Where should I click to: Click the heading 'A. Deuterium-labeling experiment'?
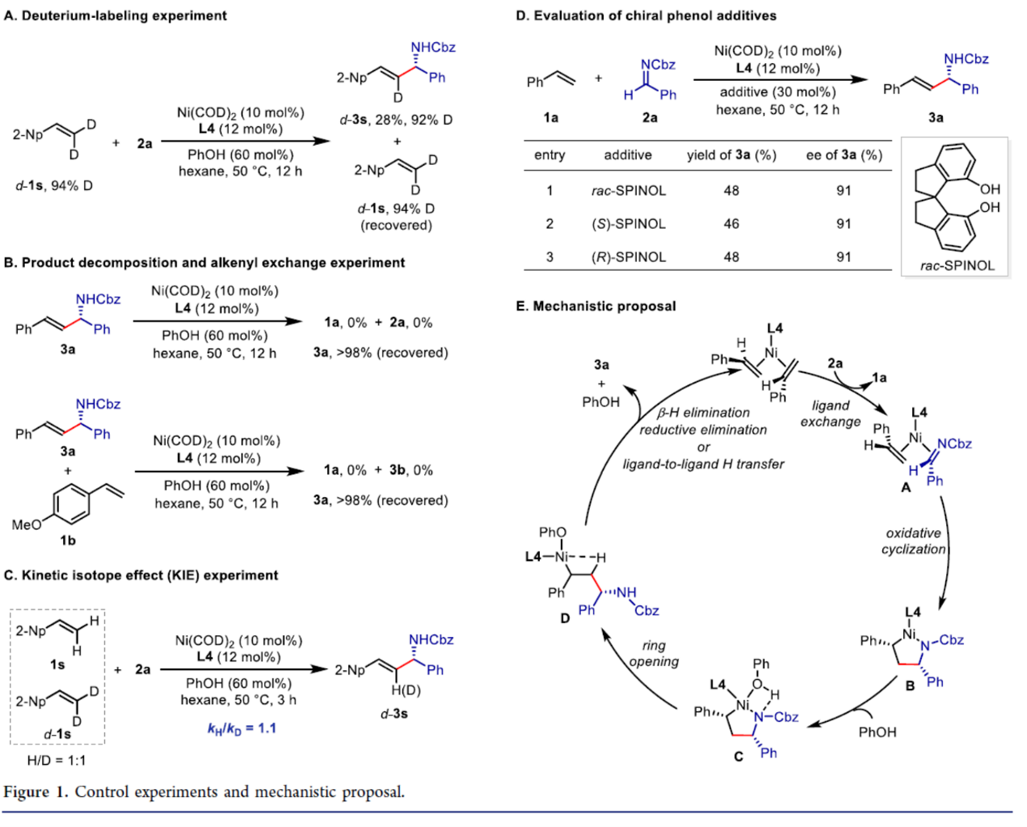click(x=115, y=15)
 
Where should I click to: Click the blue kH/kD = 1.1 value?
click(x=242, y=728)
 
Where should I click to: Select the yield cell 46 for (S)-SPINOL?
click(x=731, y=224)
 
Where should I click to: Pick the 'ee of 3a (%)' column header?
click(x=843, y=155)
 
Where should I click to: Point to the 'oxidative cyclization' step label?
click(x=913, y=541)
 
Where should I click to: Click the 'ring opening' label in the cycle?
click(x=654, y=653)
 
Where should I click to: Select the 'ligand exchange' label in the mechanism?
click(x=830, y=413)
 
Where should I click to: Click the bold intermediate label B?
click(x=910, y=686)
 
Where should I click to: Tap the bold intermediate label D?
click(x=564, y=618)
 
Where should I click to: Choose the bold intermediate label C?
click(x=737, y=756)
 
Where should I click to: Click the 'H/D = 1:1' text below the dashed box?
click(x=57, y=760)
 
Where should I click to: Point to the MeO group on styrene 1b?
click(x=26, y=525)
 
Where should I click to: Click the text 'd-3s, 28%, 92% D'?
click(x=396, y=120)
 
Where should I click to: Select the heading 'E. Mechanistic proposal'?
click(x=596, y=306)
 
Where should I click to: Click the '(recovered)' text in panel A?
click(x=396, y=225)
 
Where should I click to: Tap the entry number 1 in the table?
click(x=550, y=191)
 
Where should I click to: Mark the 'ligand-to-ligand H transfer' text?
click(x=702, y=464)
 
